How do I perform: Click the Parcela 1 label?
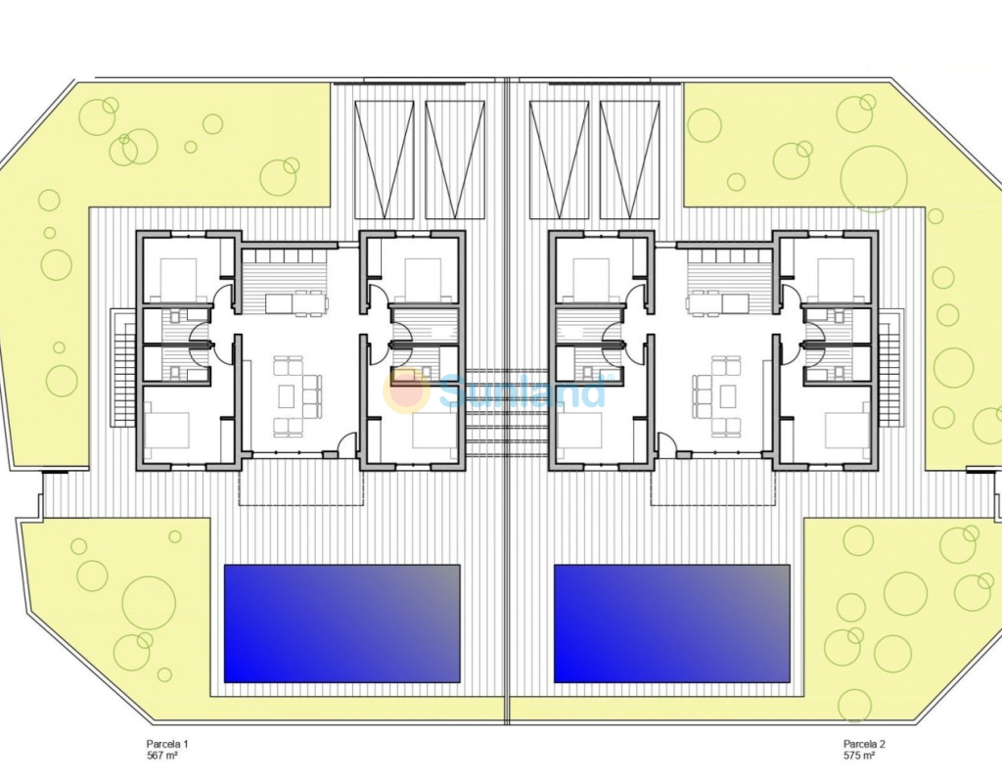coord(167,744)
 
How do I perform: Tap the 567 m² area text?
coord(161,756)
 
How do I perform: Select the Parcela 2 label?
coord(864,744)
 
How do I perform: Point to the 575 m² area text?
coord(859,756)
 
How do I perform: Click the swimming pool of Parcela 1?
coord(342,623)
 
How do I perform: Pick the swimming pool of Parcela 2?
coord(672,623)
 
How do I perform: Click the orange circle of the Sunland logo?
coord(406,391)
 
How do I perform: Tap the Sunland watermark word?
coord(523,391)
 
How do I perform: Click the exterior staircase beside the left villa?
coord(123,368)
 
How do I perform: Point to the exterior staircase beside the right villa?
coord(890,368)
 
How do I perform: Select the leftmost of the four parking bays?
coord(384,160)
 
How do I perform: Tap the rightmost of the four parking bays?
coord(629,160)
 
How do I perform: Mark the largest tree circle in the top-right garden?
coord(874,179)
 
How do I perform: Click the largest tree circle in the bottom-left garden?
coord(149,603)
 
